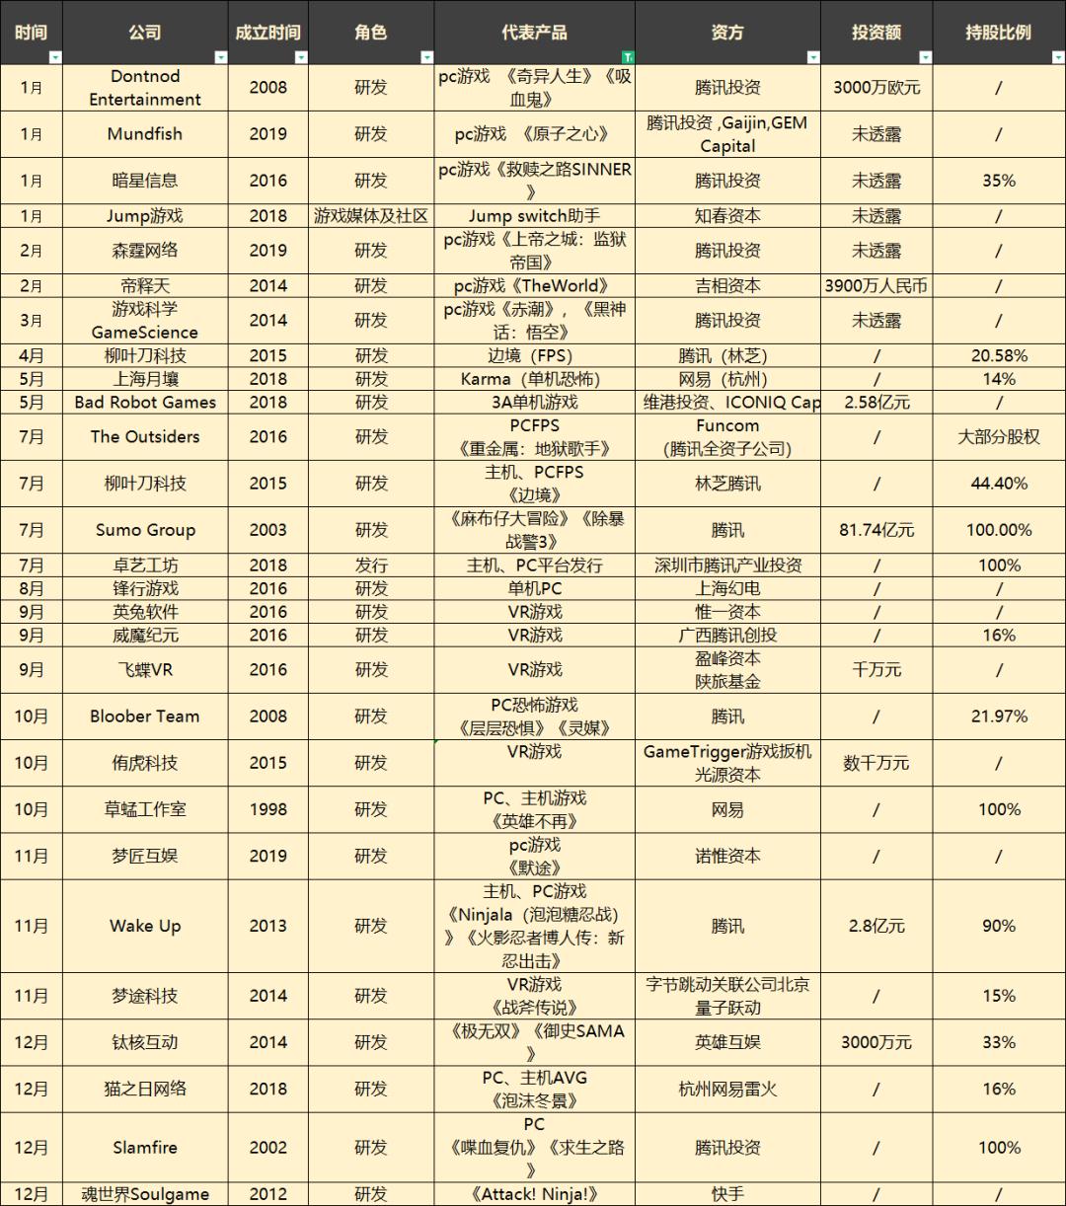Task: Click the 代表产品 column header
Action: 534,33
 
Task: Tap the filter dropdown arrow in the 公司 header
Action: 220,57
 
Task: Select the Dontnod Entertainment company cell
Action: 145,88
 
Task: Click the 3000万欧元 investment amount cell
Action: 876,88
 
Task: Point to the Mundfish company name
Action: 145,134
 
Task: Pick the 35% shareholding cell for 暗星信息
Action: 999,181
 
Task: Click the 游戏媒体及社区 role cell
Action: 371,216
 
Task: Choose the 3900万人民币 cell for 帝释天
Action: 876,286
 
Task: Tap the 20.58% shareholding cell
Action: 999,355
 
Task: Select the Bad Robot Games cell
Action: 145,402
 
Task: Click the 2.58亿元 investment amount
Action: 876,402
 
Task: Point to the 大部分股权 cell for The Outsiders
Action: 999,437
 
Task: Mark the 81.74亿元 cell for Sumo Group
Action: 876,530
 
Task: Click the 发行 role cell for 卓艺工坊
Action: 371,565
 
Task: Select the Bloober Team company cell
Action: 145,716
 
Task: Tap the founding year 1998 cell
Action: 268,809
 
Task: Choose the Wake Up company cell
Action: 145,926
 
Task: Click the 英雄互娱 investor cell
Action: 727,1042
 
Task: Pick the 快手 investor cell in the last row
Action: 727,1194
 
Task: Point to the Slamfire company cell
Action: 145,1148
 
